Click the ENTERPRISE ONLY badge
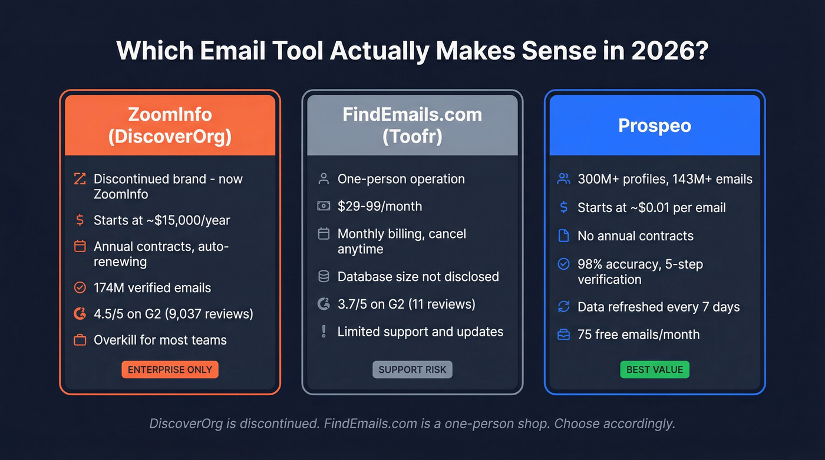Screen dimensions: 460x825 (x=170, y=370)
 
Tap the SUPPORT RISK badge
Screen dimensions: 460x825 (x=412, y=370)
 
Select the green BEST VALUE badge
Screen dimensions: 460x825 (x=654, y=370)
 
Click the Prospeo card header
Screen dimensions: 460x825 (x=654, y=125)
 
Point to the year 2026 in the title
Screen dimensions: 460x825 (x=665, y=51)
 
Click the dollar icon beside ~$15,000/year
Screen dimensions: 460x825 (x=80, y=220)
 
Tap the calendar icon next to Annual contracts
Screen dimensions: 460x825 (x=80, y=246)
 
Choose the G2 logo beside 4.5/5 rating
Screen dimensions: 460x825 (x=80, y=314)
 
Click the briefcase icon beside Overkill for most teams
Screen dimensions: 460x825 (x=80, y=340)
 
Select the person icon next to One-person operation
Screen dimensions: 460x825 (x=324, y=179)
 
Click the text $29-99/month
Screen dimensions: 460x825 (x=379, y=206)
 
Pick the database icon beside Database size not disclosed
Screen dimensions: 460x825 (x=324, y=277)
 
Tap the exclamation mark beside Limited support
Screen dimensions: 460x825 (x=324, y=332)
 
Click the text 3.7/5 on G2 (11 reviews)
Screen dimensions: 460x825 (x=406, y=305)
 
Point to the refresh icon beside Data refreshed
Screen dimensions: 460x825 (x=563, y=307)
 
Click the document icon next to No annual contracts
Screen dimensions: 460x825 (x=563, y=236)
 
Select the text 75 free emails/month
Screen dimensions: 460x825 (x=638, y=335)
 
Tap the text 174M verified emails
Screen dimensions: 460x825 (x=152, y=288)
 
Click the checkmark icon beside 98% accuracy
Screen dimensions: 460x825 (x=563, y=264)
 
